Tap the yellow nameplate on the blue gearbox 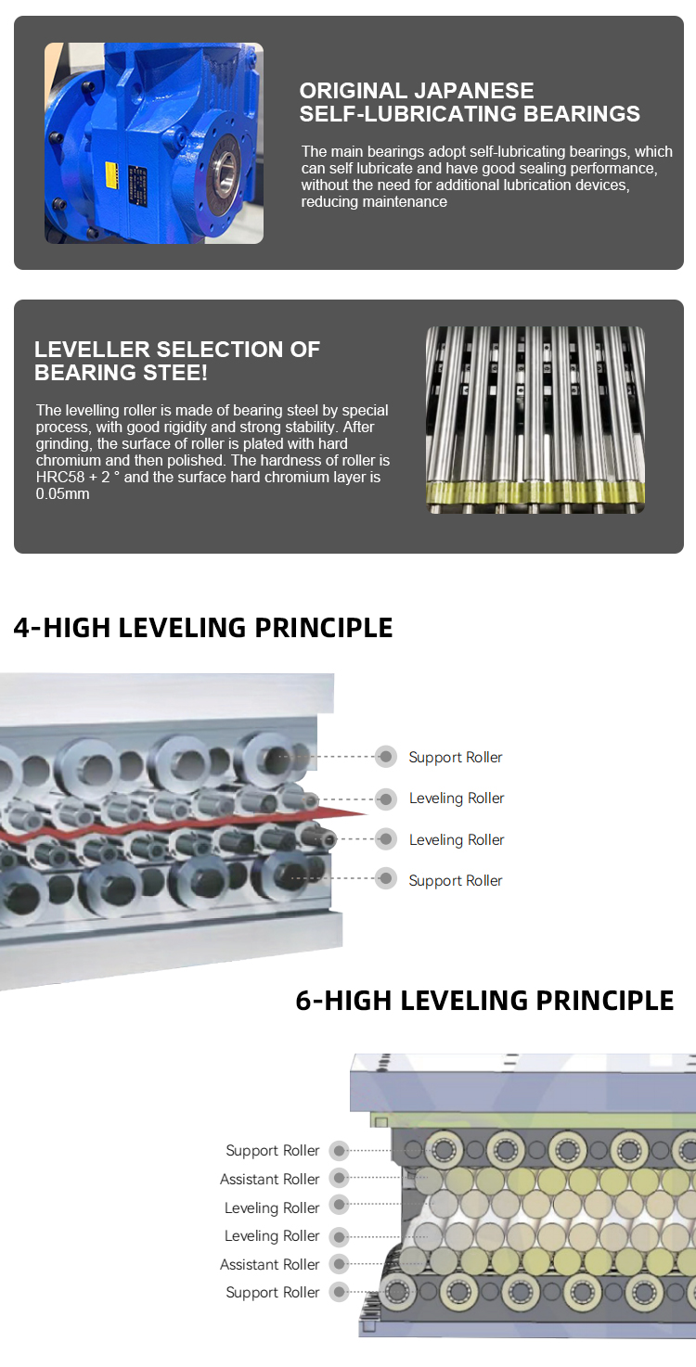111,174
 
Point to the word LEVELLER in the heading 92,350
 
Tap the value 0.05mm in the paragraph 62,493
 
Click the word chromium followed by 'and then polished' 65,460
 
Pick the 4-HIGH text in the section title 61,628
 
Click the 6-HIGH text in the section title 343,1001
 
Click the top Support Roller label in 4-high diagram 456,758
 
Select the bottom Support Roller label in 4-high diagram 456,881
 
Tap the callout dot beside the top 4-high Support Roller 386,757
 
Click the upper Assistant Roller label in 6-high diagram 269,1179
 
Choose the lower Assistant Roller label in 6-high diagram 269,1264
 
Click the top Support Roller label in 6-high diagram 272,1150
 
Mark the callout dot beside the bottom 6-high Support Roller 339,1292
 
